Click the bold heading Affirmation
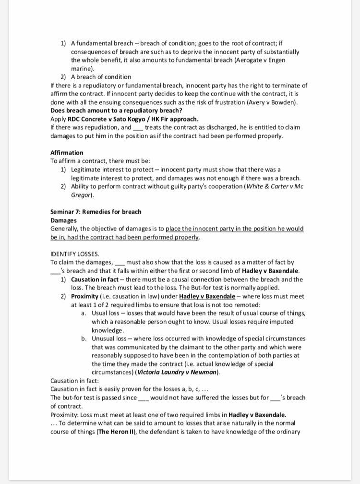click(x=67, y=153)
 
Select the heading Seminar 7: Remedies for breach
click(x=96, y=212)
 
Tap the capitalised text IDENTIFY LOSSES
click(x=74, y=254)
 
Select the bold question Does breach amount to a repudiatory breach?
click(x=116, y=110)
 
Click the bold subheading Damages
click(x=63, y=220)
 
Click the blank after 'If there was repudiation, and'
click(x=138, y=128)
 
